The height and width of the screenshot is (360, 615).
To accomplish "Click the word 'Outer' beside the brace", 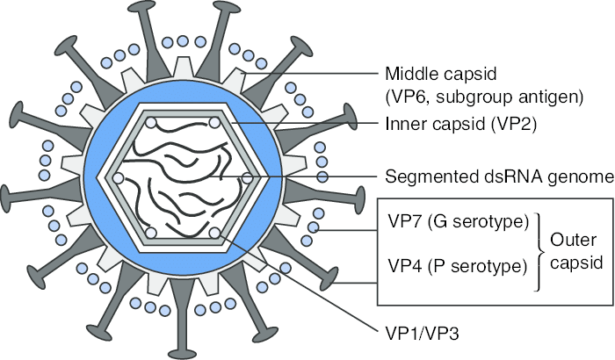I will (x=568, y=228).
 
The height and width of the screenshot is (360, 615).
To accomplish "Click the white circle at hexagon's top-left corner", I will (x=151, y=122).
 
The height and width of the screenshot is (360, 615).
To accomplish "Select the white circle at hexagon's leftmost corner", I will (x=119, y=178).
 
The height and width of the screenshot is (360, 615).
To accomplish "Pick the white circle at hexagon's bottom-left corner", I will (x=151, y=234).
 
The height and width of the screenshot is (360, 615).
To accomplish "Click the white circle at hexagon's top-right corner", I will (x=215, y=122).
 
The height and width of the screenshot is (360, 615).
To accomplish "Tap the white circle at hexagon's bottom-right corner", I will (x=215, y=234).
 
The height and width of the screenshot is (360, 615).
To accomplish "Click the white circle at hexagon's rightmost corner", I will (x=248, y=178).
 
